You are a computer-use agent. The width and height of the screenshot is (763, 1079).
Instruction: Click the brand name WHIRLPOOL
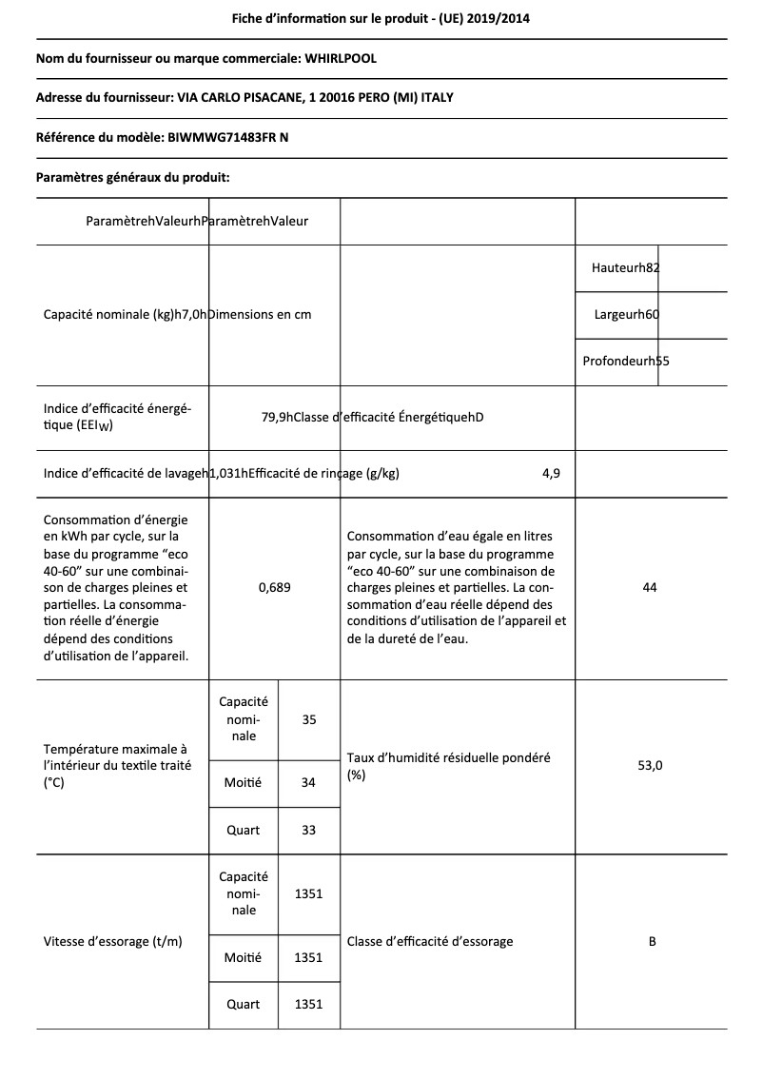point(341,59)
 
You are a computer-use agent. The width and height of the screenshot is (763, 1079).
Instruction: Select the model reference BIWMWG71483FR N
point(228,138)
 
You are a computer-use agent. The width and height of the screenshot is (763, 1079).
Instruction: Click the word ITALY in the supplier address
point(449,98)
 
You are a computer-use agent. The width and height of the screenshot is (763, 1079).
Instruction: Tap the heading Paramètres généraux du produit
point(133,177)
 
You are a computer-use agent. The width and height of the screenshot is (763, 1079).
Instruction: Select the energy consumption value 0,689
point(275,588)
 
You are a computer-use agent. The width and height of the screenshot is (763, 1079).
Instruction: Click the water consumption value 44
point(650,588)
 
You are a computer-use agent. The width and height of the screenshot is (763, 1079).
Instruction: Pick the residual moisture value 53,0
point(650,765)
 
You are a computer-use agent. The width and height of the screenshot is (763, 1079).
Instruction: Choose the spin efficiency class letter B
point(652,942)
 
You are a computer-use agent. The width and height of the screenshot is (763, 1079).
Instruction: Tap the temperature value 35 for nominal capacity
point(309,720)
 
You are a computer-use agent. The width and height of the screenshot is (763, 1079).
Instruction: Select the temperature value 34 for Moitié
point(308,783)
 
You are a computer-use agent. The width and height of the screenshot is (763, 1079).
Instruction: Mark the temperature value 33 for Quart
point(308,831)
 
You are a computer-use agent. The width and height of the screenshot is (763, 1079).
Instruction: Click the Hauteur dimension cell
point(625,268)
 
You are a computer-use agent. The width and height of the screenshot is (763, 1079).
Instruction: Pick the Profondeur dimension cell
point(625,362)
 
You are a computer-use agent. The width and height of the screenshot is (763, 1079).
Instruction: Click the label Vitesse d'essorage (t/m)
point(113,942)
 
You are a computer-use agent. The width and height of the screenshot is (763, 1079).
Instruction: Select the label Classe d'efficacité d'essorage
point(430,942)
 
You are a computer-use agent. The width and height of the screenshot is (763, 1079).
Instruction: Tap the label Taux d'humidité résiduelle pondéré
point(449,758)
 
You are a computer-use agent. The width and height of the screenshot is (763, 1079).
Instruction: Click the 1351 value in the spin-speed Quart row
point(309,1005)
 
